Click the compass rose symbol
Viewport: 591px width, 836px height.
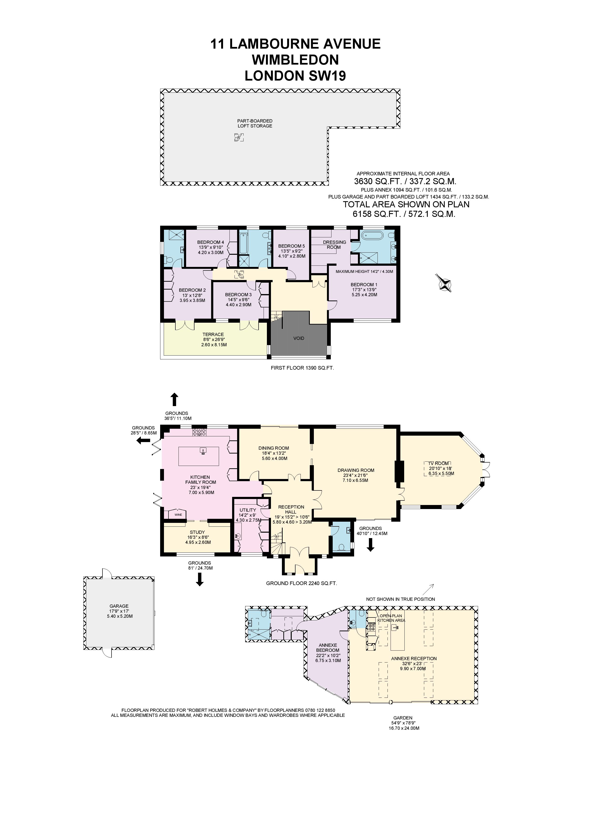(445, 283)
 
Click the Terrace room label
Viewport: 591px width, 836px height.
(213, 334)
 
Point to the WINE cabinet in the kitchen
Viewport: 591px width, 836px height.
(178, 515)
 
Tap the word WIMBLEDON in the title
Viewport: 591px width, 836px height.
(295, 60)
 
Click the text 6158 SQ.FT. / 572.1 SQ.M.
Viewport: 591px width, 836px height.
(404, 214)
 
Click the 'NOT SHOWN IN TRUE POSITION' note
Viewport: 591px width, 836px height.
(401, 599)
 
